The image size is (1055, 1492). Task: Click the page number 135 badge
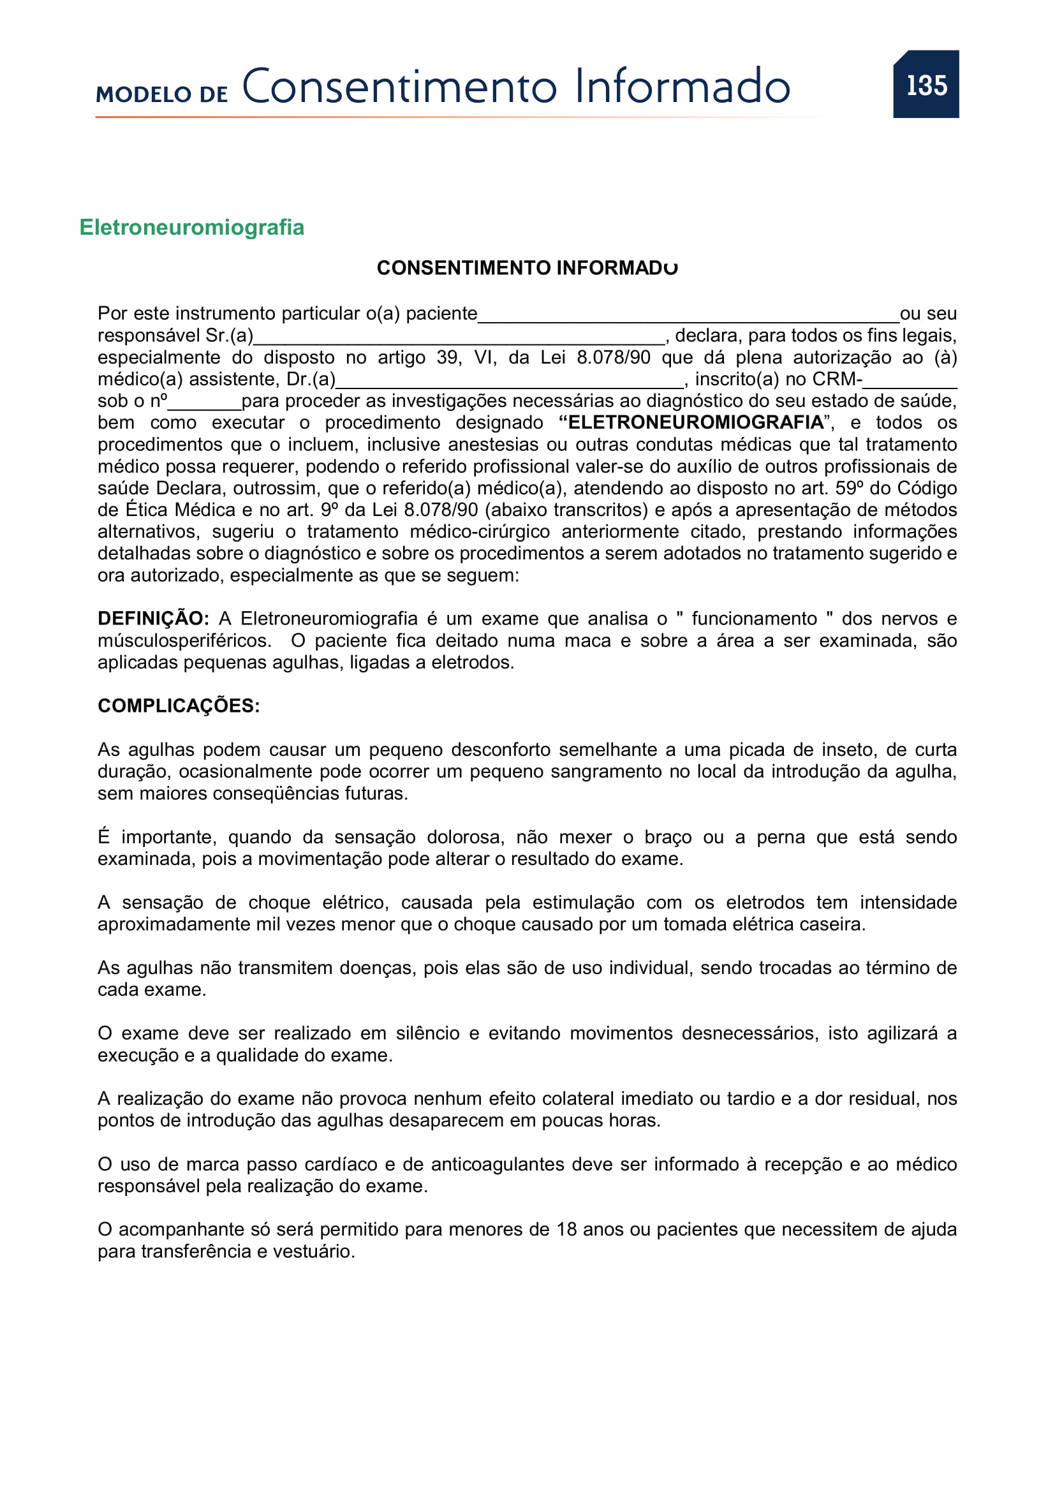926,84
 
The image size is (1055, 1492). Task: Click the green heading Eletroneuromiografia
191,228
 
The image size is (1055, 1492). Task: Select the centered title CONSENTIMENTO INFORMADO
527,268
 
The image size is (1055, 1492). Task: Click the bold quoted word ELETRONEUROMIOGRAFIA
696,422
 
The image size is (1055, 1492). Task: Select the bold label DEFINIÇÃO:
153,618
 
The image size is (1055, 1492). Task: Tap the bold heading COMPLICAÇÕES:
179,705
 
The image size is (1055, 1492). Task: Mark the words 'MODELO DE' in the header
162,94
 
